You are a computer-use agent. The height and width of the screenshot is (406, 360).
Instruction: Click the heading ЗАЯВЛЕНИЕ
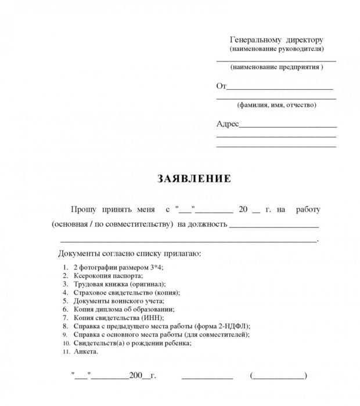coord(194,179)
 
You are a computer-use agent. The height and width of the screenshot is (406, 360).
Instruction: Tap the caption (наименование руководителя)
coord(276,50)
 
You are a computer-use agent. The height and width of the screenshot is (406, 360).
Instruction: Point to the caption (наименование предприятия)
coord(276,68)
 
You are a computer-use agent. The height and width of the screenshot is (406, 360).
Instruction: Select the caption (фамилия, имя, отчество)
coord(276,105)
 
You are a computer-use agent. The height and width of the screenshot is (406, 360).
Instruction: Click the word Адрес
coord(228,124)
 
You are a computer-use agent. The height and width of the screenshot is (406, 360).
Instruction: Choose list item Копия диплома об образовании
coord(123,310)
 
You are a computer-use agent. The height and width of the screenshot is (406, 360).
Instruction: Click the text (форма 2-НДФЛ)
coord(222,326)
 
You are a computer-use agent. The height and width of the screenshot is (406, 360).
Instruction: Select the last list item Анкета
coord(86,351)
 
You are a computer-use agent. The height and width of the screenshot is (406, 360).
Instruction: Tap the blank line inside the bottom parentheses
coord(278,377)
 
